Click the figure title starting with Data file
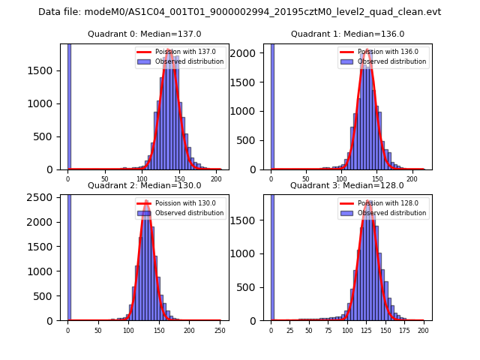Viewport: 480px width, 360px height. tap(240, 12)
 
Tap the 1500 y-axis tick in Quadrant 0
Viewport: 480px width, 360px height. tap(43, 70)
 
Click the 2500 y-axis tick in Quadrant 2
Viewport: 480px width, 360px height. tap(43, 197)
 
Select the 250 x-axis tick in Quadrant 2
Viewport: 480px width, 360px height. tap(220, 330)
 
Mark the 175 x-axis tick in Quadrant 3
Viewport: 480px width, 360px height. tap(403, 330)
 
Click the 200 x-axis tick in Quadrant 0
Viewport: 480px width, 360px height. tap(216, 178)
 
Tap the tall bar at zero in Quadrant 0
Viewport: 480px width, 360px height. tap(69, 105)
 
